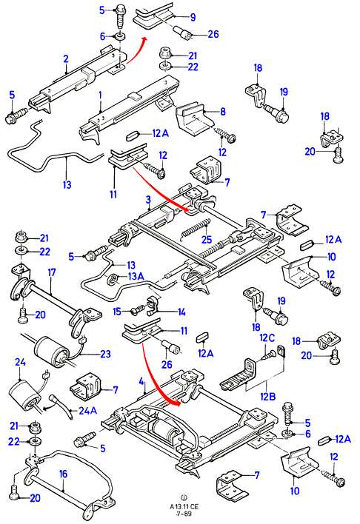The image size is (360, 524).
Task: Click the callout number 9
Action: [x=193, y=17]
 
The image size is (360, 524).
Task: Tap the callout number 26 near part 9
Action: [x=213, y=34]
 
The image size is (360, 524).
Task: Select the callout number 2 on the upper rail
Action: [x=66, y=58]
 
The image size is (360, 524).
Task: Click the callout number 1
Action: [x=100, y=95]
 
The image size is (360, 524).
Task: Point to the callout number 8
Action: [x=223, y=111]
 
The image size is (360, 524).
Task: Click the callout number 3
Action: [x=148, y=200]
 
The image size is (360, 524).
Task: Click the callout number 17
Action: [x=52, y=272]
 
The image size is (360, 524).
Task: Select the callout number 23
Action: [x=105, y=354]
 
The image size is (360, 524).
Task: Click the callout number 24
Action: [x=20, y=362]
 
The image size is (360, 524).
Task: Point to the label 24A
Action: [x=87, y=410]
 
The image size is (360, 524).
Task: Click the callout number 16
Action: [x=63, y=474]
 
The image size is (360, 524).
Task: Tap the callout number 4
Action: [x=141, y=381]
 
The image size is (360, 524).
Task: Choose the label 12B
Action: [x=267, y=397]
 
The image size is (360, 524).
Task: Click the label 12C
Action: [x=267, y=337]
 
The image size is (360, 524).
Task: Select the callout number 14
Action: [x=181, y=312]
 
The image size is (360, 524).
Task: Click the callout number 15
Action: [x=117, y=312]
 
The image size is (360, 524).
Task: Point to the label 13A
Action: [x=136, y=276]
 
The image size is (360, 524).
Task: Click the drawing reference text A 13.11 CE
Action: [x=184, y=507]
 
